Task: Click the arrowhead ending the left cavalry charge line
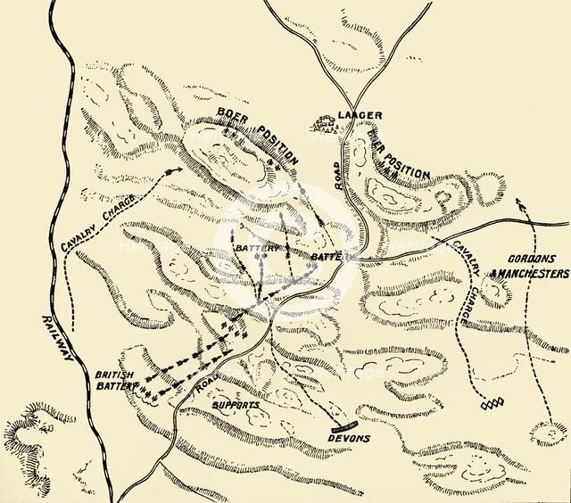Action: (x=174, y=164)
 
